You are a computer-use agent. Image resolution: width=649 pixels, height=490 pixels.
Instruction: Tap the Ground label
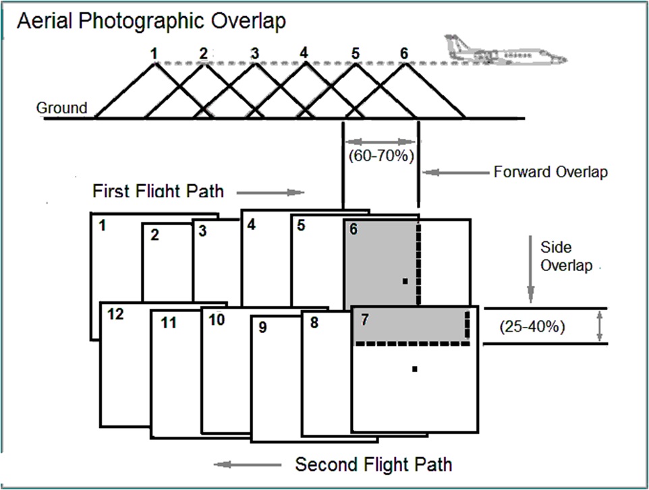click(61, 108)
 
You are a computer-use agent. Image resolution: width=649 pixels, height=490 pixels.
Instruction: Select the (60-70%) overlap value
click(381, 155)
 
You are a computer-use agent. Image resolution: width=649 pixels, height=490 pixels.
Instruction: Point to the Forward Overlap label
click(551, 172)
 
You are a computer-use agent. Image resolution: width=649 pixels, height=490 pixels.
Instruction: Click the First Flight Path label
click(158, 191)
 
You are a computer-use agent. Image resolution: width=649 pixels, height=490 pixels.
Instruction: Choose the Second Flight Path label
click(373, 464)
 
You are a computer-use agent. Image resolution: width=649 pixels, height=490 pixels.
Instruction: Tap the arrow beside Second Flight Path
click(248, 464)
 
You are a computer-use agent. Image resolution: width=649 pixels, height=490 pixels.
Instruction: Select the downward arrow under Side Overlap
click(530, 287)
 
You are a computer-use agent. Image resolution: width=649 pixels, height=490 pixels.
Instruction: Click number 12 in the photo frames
click(116, 315)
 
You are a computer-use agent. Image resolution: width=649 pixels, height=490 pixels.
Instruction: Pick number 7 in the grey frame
click(365, 319)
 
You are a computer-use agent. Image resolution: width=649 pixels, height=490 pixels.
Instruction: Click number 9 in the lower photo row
click(263, 328)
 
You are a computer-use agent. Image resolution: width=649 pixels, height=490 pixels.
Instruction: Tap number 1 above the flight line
click(154, 52)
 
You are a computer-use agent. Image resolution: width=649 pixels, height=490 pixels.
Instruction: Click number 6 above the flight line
click(403, 52)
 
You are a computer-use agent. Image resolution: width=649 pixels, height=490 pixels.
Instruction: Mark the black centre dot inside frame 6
click(405, 281)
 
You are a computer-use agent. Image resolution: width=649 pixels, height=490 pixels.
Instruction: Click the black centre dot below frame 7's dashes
click(415, 369)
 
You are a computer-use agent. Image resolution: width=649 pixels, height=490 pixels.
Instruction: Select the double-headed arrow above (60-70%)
click(381, 142)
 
